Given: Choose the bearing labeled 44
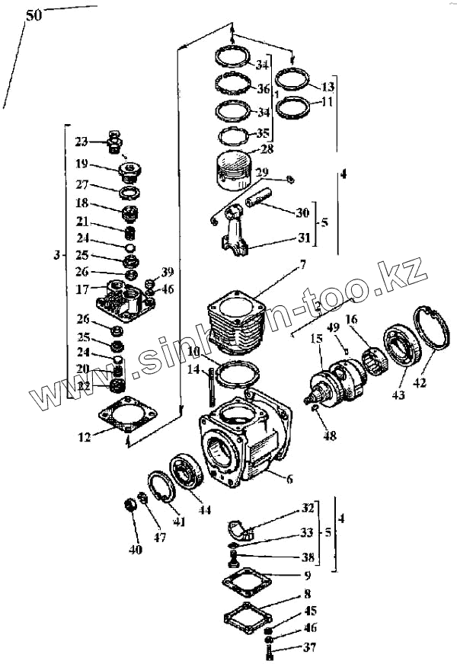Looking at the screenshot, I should click(186, 471).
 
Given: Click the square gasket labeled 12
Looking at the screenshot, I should click(125, 416).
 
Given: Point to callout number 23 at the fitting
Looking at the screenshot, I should click(81, 141).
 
